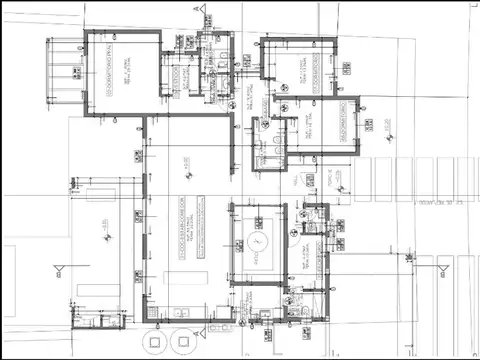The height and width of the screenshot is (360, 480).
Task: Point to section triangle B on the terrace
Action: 58,270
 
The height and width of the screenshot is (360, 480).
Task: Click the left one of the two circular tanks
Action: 154,341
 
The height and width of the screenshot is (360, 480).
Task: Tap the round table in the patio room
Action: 258,242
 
